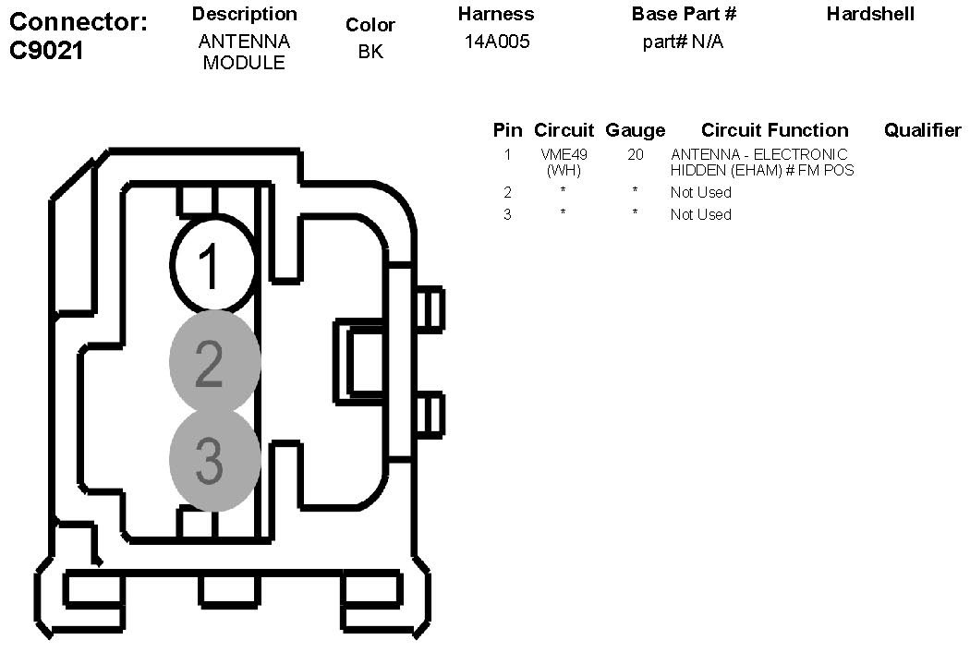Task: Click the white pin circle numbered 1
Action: coord(212,265)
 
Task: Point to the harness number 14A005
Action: coord(497,42)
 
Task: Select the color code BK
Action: coord(370,53)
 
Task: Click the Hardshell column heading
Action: coord(870,14)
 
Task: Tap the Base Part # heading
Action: coord(684,14)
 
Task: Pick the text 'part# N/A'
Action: coord(683,42)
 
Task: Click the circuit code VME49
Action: coord(564,155)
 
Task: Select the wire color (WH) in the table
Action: coord(564,170)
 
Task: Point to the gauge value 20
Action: coord(636,155)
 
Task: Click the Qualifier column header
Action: coord(922,130)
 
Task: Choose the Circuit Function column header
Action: coord(774,130)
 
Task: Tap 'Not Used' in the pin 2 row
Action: coord(700,192)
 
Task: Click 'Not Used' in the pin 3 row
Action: coord(700,214)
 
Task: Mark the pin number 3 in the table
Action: coord(507,214)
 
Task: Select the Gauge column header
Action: coord(635,130)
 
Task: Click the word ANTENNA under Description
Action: coord(244,42)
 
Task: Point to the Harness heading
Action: coord(497,14)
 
